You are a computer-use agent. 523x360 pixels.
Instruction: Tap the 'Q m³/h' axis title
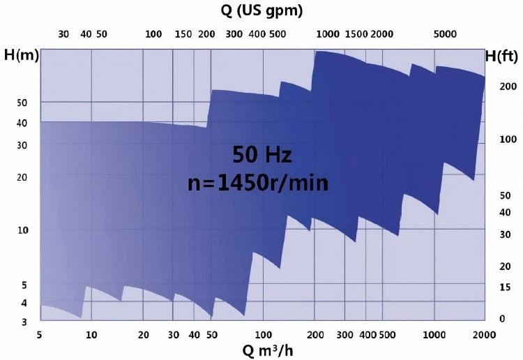point(263,350)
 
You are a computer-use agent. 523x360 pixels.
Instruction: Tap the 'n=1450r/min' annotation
point(258,183)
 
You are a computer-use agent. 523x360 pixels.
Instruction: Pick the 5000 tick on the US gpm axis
point(445,33)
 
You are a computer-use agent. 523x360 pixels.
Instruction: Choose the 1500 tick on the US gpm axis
point(356,33)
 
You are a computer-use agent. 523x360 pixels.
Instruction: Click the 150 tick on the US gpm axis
point(183,33)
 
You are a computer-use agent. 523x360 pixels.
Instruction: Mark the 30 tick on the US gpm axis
point(63,33)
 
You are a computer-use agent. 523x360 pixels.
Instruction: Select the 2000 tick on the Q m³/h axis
point(483,335)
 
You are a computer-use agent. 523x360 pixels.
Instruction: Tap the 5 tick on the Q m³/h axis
point(40,335)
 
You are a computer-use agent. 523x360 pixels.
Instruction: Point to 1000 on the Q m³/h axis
point(434,335)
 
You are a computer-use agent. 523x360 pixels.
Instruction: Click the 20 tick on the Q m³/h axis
point(143,335)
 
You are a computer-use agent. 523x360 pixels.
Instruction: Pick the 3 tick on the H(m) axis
point(24,322)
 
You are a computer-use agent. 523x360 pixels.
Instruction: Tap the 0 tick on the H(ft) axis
point(501,319)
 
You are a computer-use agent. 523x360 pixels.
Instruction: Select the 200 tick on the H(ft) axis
point(506,86)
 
